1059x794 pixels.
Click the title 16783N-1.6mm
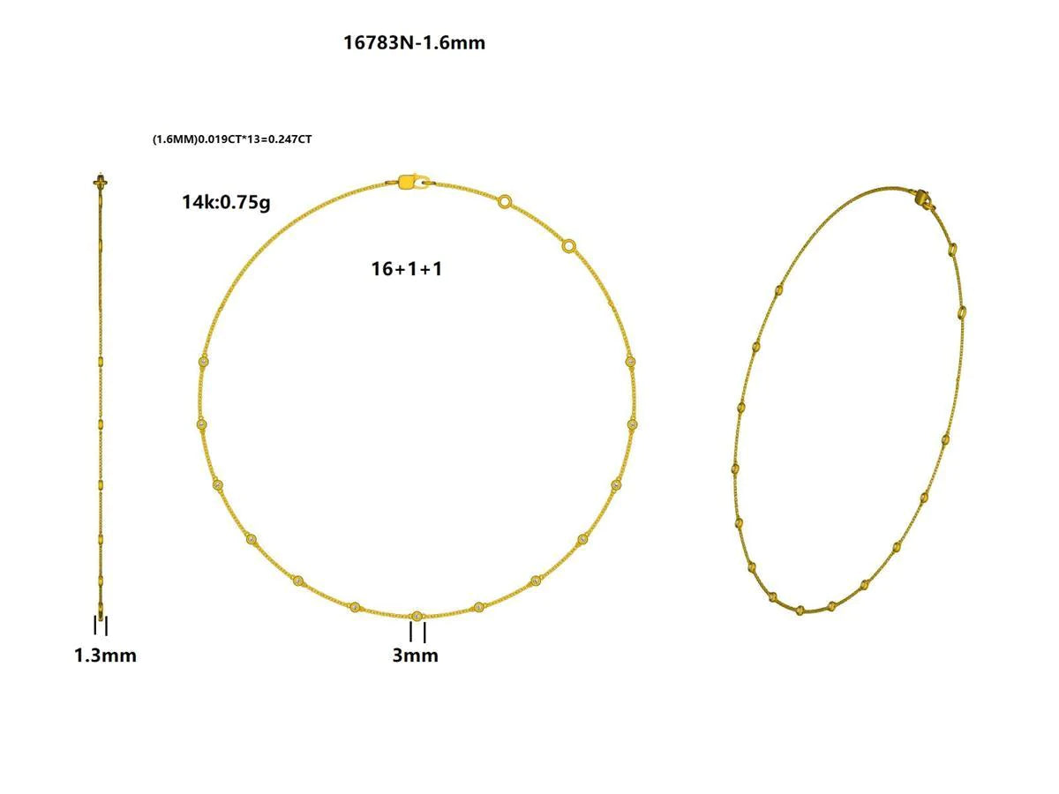[414, 42]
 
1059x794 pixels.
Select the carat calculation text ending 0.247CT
[232, 139]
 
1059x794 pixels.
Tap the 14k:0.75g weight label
[226, 202]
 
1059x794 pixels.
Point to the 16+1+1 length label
[406, 269]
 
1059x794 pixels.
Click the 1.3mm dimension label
[105, 655]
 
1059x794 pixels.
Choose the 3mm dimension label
[415, 655]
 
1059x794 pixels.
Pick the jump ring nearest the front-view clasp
[504, 202]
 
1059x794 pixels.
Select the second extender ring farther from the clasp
[569, 246]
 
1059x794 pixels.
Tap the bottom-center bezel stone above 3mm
[417, 616]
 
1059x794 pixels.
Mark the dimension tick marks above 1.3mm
[101, 625]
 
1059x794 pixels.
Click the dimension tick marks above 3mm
[417, 633]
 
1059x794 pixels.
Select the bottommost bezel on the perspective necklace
[800, 610]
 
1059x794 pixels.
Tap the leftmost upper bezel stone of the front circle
[204, 362]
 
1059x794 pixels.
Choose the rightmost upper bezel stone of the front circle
[630, 362]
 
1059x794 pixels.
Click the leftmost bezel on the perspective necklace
[734, 468]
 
